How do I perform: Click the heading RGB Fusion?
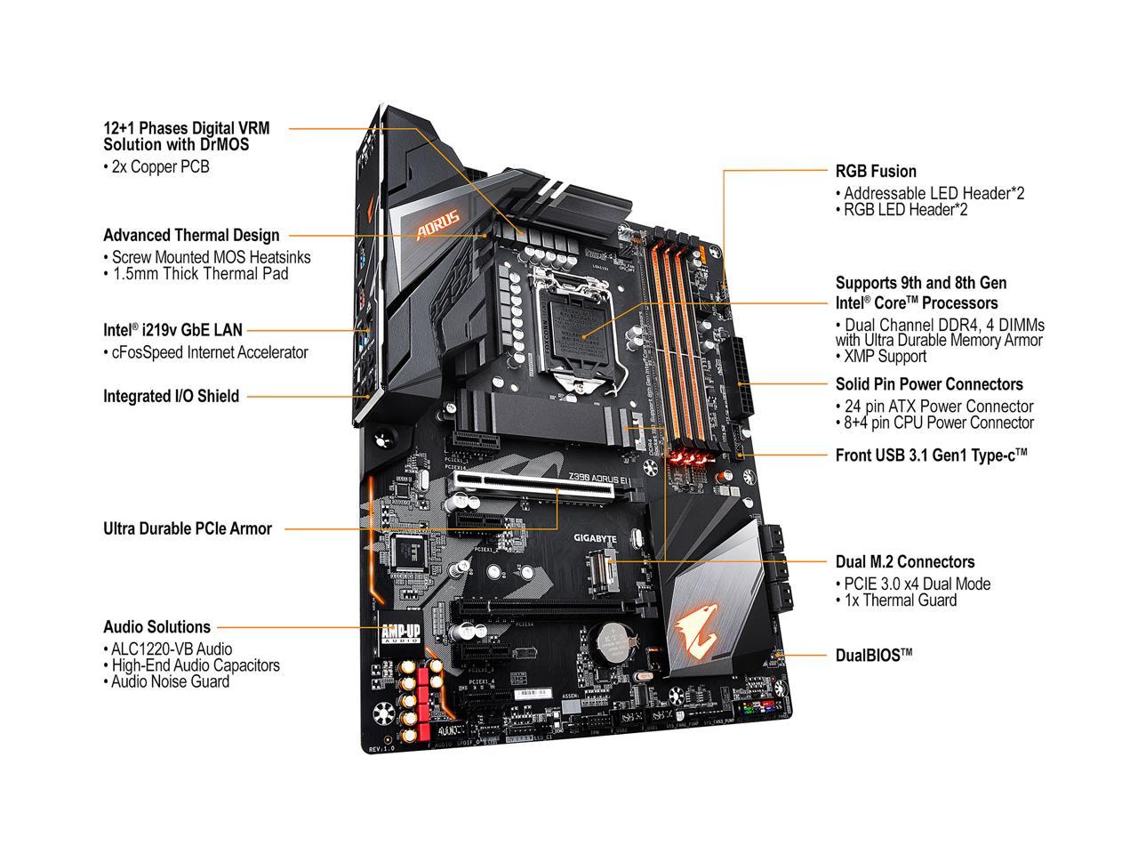(875, 171)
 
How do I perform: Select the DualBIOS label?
(873, 656)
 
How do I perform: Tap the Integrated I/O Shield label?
(171, 396)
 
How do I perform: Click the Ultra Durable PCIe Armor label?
(188, 528)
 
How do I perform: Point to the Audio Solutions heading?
(156, 626)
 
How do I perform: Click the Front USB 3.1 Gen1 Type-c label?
(931, 455)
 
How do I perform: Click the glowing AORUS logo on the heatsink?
(438, 225)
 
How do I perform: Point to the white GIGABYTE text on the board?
(594, 538)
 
